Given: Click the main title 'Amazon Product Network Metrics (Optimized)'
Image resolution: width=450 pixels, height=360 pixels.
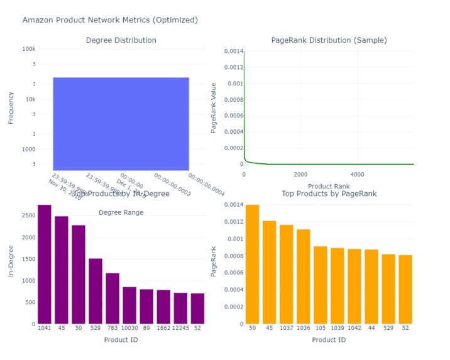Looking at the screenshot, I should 110,20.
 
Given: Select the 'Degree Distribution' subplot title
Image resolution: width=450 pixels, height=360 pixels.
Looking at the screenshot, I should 121,40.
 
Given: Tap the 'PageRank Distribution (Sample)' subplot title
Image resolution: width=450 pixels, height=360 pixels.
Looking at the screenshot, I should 329,40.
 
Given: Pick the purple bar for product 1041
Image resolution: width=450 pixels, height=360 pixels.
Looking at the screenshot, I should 44,264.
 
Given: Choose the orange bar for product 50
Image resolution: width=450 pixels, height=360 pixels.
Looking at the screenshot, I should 252,264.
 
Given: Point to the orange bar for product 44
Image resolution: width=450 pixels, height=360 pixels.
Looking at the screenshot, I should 371,286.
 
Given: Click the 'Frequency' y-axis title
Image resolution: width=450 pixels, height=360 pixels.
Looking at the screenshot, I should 11,107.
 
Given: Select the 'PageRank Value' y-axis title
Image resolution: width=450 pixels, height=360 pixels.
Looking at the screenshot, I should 214,107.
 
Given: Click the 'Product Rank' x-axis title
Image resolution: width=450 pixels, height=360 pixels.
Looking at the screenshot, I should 329,186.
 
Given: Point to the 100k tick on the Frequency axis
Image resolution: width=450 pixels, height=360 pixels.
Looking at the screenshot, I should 28,49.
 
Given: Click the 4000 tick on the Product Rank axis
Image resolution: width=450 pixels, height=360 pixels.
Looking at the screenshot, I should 357,174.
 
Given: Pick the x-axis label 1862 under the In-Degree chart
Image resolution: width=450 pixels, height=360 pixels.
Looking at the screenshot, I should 163,329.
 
